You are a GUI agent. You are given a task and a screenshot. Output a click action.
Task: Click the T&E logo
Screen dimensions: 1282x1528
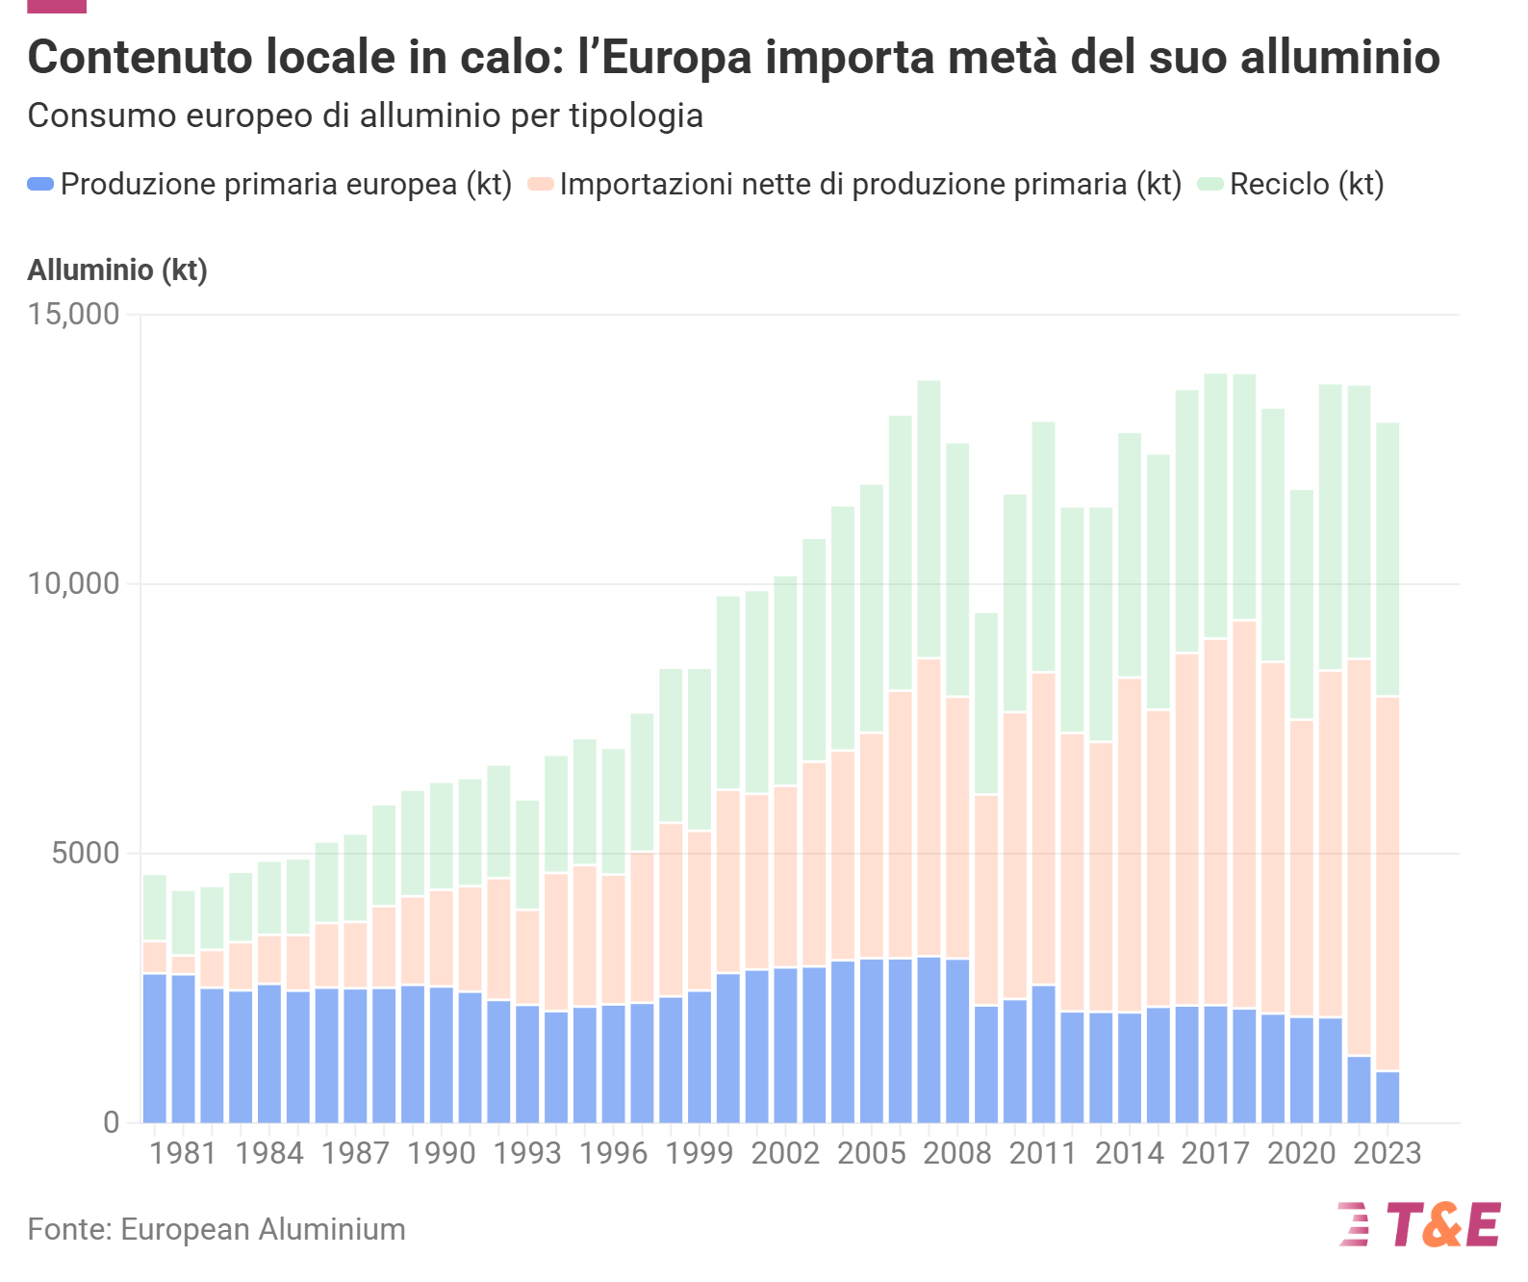coord(1419,1224)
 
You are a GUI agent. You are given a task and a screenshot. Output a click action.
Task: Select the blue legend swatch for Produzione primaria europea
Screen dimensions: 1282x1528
coord(40,184)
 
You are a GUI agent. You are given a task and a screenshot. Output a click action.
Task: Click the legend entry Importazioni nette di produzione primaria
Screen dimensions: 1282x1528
coord(870,184)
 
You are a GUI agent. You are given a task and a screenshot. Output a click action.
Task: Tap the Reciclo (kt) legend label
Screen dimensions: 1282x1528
coord(1306,184)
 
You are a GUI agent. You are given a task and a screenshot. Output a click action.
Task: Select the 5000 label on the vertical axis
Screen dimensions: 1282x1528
coord(86,853)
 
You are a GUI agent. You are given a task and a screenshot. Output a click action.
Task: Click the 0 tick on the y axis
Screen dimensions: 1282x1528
coord(112,1122)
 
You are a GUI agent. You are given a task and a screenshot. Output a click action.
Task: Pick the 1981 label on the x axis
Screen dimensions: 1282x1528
coord(183,1153)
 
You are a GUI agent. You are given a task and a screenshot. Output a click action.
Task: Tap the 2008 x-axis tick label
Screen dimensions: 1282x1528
coord(956,1153)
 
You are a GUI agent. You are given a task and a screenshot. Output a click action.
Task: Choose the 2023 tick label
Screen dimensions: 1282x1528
coord(1387,1153)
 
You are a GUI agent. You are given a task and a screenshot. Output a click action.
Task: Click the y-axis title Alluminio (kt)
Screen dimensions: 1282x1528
coord(117,270)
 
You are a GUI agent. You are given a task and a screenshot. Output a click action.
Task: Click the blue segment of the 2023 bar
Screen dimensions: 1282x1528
coord(1388,1097)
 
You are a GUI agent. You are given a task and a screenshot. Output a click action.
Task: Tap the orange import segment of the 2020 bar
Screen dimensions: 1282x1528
coord(1301,866)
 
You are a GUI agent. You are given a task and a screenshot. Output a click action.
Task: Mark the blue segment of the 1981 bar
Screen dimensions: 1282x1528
coord(184,1049)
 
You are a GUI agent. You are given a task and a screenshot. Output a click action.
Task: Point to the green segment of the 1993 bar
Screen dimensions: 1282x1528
coord(527,855)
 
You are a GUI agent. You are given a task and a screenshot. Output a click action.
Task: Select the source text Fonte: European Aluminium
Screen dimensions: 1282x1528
coord(216,1229)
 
